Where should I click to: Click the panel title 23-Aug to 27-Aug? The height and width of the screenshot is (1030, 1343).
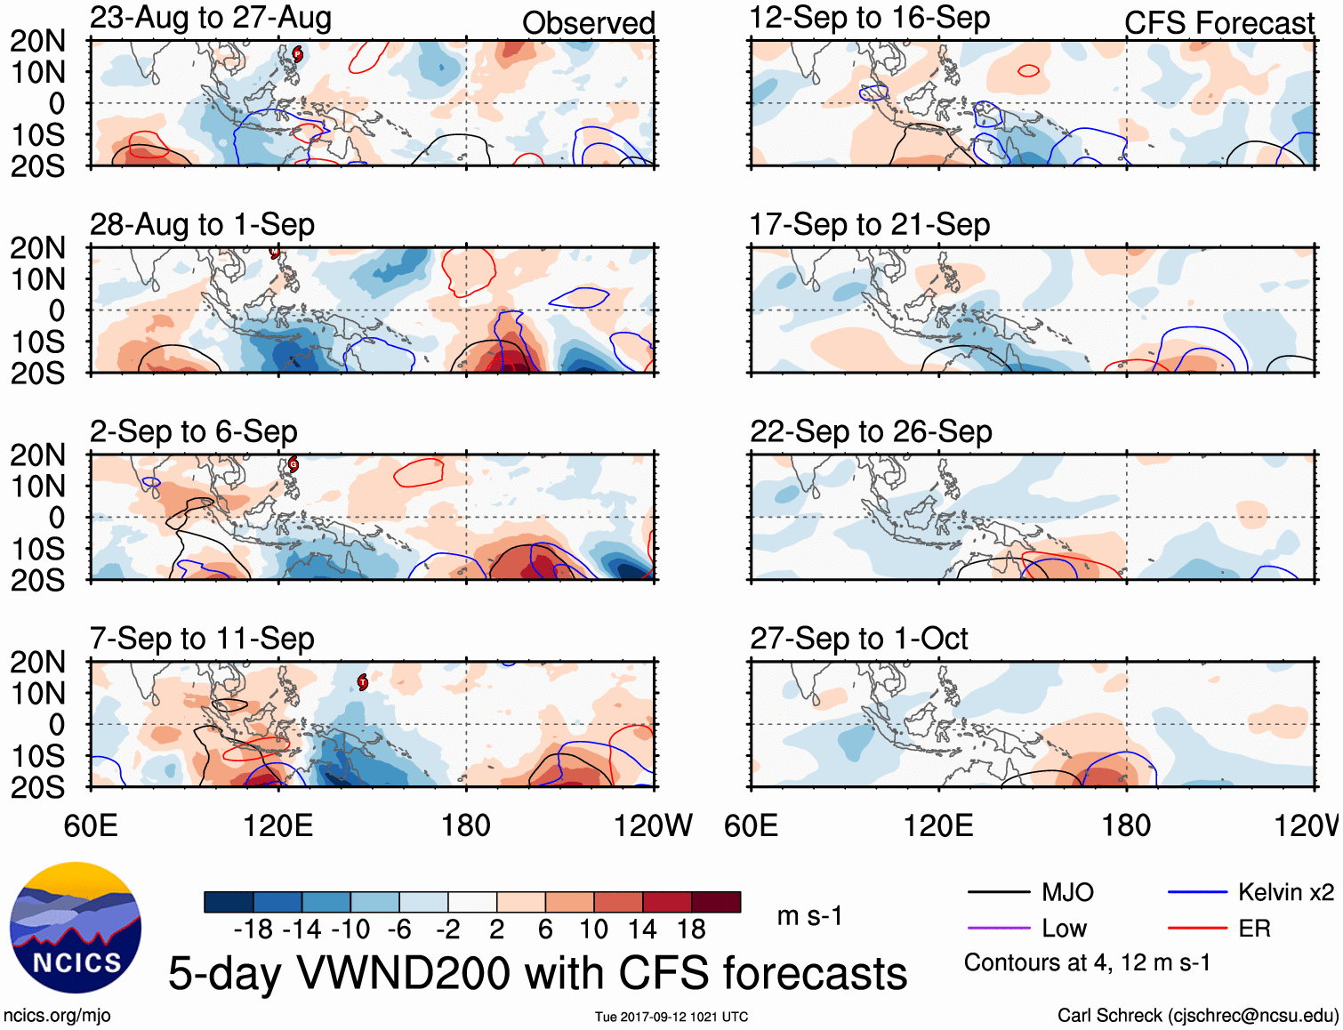tap(211, 18)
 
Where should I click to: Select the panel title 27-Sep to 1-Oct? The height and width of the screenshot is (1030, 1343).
tap(858, 639)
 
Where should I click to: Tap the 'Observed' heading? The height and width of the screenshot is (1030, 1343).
tap(588, 23)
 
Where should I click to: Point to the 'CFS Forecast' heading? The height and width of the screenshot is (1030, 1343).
tap(1218, 23)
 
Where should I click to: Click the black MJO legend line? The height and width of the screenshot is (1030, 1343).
tap(998, 892)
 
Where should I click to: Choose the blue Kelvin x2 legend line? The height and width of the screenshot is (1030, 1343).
tap(1197, 892)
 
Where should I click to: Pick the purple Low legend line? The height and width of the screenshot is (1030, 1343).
tap(998, 929)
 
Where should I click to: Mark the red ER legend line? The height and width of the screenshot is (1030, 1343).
tap(1197, 929)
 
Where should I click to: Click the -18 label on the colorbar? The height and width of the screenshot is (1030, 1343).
tap(253, 929)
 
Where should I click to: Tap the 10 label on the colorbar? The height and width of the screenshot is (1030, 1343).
tap(593, 929)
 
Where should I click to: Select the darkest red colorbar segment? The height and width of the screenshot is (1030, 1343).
tap(716, 902)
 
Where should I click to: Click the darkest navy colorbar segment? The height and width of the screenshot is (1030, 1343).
tap(229, 902)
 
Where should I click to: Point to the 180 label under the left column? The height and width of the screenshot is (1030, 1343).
tap(466, 825)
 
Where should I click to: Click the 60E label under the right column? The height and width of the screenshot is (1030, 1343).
tap(751, 825)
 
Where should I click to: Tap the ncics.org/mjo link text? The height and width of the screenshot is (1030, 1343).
tap(57, 1015)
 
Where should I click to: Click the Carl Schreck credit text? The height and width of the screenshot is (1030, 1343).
tap(1197, 1015)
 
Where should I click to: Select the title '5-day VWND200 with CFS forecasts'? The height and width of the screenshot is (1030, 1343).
tap(537, 973)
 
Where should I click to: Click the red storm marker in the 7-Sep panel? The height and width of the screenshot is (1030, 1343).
tap(363, 682)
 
